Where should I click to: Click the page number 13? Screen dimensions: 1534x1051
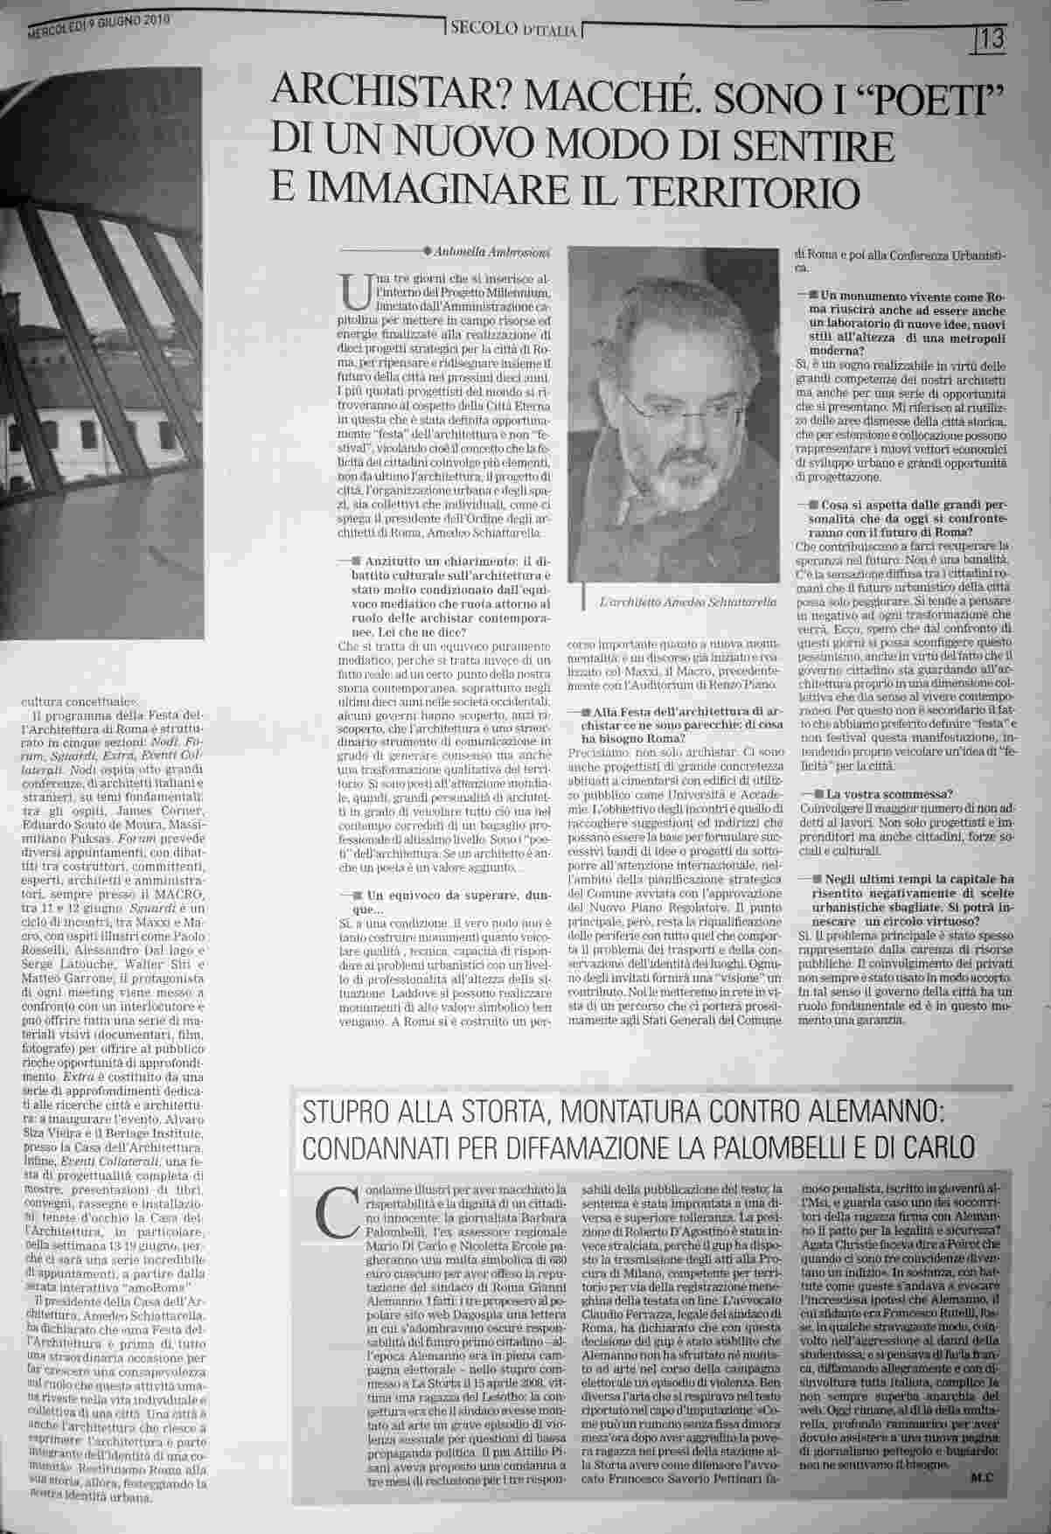(992, 38)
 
